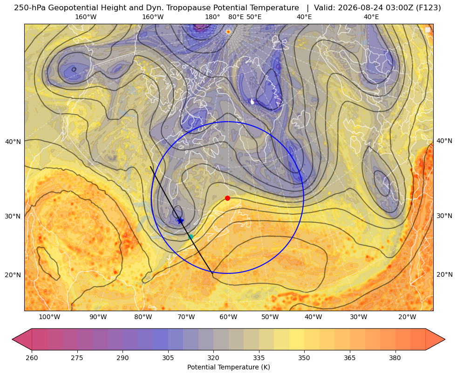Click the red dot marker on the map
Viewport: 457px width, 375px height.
pyautogui.click(x=228, y=198)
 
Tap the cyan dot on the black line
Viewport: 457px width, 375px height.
pyautogui.click(x=191, y=237)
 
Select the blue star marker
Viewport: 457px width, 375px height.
pyautogui.click(x=180, y=220)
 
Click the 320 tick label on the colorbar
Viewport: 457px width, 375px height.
pyautogui.click(x=213, y=358)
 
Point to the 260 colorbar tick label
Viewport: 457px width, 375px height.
pyautogui.click(x=32, y=358)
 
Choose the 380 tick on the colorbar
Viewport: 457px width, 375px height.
pyautogui.click(x=395, y=358)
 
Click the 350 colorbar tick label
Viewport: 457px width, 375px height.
pyautogui.click(x=304, y=358)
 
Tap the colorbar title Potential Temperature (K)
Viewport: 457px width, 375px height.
pyautogui.click(x=228, y=367)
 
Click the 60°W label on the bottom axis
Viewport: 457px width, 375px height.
pyautogui.click(x=228, y=317)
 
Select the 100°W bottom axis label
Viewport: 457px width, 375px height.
pyautogui.click(x=49, y=317)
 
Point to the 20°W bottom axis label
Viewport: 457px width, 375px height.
pyautogui.click(x=407, y=317)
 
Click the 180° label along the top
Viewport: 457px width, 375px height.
pyautogui.click(x=212, y=17)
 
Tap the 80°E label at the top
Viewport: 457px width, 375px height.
pyautogui.click(x=236, y=17)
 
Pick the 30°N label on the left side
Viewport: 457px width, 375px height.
pyautogui.click(x=13, y=216)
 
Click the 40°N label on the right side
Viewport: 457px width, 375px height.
pyautogui.click(x=444, y=141)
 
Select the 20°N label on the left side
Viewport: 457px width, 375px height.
pyautogui.click(x=13, y=275)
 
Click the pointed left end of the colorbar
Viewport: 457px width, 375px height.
pyautogui.click(x=12, y=339)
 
